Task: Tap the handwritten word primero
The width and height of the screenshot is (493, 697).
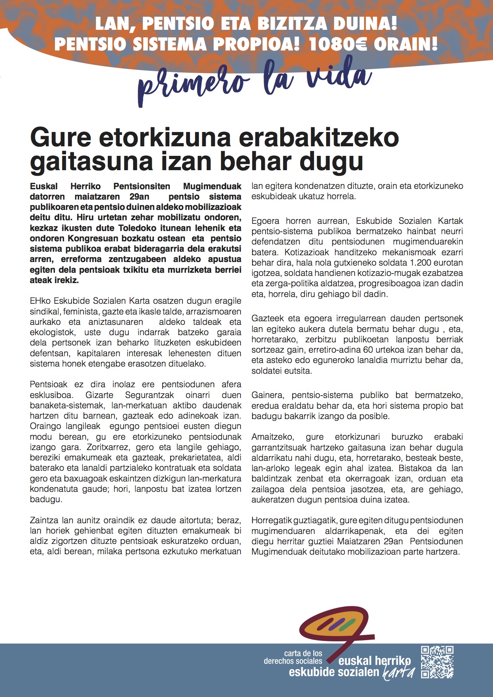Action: click(x=193, y=83)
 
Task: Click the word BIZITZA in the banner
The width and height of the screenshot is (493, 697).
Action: click(x=292, y=24)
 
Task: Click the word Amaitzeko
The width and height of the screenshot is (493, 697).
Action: click(x=273, y=437)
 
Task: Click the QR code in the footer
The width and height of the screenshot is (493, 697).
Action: click(x=437, y=662)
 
